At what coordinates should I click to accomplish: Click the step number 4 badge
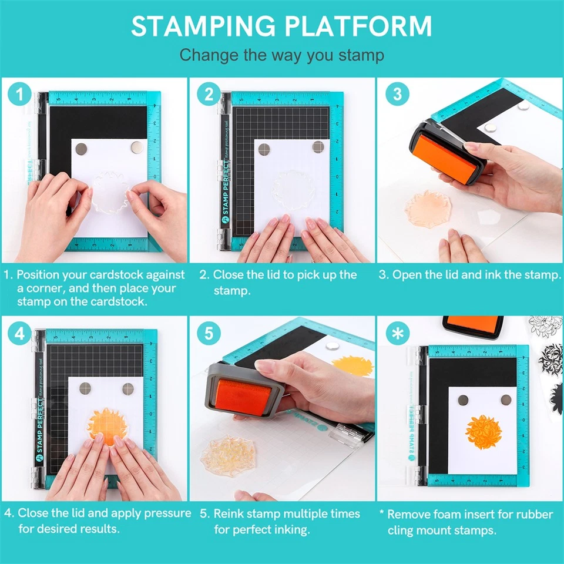coord(21,333)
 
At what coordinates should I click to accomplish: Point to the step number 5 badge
coord(208,333)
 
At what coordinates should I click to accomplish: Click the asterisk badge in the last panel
coord(397,333)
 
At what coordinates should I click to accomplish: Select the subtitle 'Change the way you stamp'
coord(281,55)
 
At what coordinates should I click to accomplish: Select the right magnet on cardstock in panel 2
coord(318,147)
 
